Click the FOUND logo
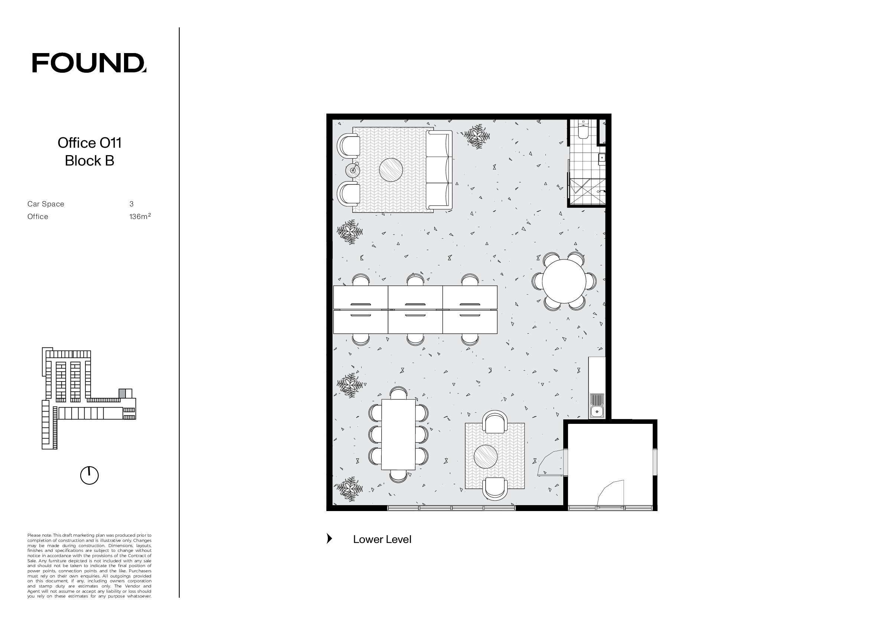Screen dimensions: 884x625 [89, 63]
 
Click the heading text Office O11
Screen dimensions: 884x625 [89, 143]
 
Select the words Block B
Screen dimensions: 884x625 [89, 160]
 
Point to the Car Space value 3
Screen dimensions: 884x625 [131, 204]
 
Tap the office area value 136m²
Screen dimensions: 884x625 [140, 216]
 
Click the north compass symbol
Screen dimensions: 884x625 [89, 475]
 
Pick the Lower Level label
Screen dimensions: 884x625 [382, 539]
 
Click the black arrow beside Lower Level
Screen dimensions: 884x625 [329, 539]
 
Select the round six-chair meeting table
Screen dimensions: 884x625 [564, 281]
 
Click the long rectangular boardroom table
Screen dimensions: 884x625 [398, 435]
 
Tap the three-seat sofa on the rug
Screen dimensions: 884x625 [439, 170]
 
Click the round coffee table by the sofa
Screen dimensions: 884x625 [391, 170]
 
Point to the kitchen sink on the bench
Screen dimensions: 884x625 [597, 406]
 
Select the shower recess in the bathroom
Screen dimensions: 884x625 [587, 191]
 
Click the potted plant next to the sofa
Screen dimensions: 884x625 [477, 136]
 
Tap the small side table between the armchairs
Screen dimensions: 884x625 [353, 170]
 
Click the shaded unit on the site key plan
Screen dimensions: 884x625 [122, 393]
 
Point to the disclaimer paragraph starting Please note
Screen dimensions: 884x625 [89, 566]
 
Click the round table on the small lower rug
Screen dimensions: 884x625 [486, 457]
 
